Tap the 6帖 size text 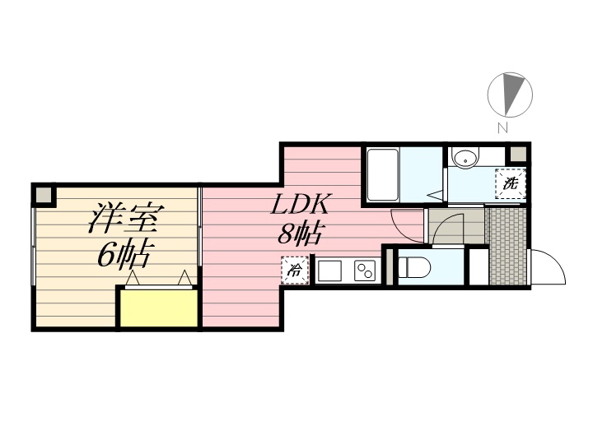124,256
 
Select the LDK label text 301,205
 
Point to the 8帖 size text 298,234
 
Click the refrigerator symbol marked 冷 294,270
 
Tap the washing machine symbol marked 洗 510,183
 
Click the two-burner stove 365,270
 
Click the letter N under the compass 502,127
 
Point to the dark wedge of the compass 515,91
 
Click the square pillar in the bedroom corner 43,195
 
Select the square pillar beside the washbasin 517,155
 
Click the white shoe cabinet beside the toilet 478,266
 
